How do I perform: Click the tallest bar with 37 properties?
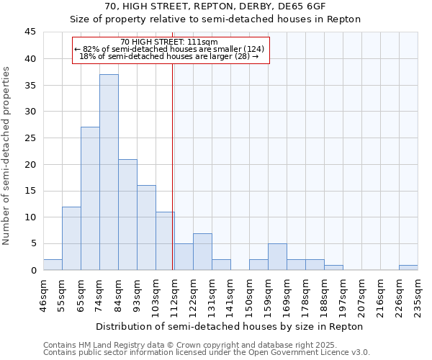(109, 172)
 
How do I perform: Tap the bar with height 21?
(127, 215)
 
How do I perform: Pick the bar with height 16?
(146, 228)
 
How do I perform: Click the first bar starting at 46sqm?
(53, 264)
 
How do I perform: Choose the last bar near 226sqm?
(408, 267)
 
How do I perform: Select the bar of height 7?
(202, 251)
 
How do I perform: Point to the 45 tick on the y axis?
(30, 32)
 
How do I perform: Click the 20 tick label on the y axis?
(30, 164)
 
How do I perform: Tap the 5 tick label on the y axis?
(33, 243)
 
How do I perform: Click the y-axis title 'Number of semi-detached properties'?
(6, 156)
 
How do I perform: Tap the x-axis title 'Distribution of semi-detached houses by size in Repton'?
(229, 327)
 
